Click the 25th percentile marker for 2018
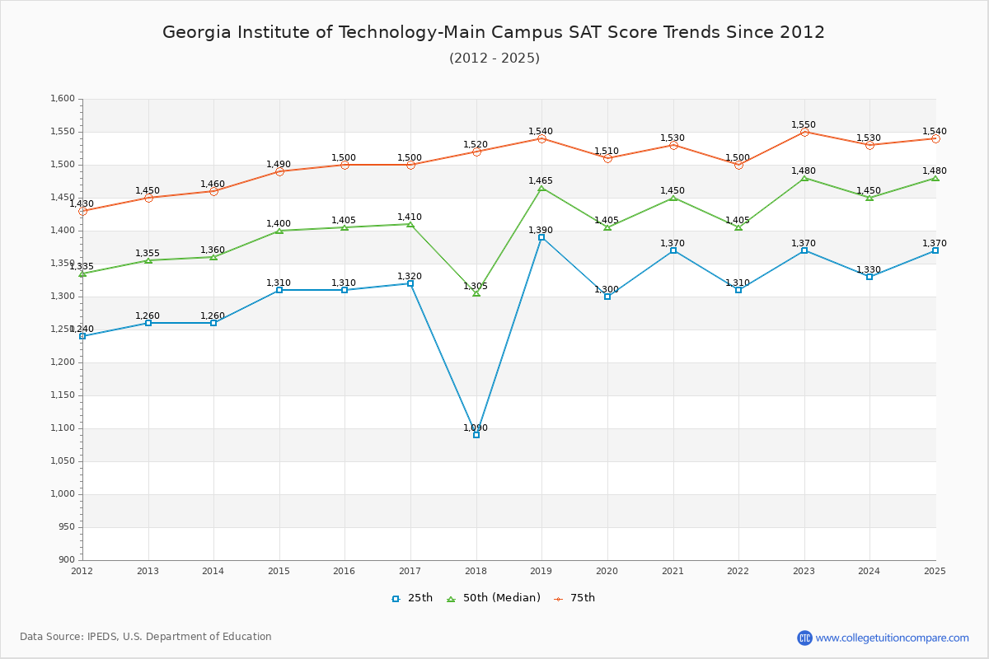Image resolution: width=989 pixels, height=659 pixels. pos(476,435)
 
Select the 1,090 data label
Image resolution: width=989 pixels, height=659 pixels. pos(476,428)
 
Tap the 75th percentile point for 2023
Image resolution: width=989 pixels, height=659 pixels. pos(804,132)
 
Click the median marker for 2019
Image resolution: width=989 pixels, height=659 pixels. pos(541,189)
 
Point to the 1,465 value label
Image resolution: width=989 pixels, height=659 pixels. pos(541,181)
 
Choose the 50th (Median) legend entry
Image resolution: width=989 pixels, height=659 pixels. pos(494,598)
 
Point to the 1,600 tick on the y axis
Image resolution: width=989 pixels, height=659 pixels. pos(63,99)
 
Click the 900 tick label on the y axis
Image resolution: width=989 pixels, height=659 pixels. pos(67,560)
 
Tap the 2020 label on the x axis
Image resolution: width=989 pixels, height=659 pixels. pos(607,571)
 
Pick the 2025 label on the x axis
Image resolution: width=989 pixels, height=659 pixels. pos(935,571)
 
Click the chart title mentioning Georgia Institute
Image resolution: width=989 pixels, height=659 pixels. pos(494,32)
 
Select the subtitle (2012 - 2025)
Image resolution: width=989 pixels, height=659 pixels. pos(494,58)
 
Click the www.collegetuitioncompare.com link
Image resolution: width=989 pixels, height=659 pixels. pos(893,638)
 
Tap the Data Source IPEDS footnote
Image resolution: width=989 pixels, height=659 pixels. pos(146,637)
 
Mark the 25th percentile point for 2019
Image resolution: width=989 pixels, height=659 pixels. pos(541,237)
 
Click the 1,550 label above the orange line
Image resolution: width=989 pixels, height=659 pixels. pos(804,125)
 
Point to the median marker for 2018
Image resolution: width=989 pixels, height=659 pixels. pos(476,293)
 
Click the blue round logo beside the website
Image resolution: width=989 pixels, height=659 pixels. pos(804,638)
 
